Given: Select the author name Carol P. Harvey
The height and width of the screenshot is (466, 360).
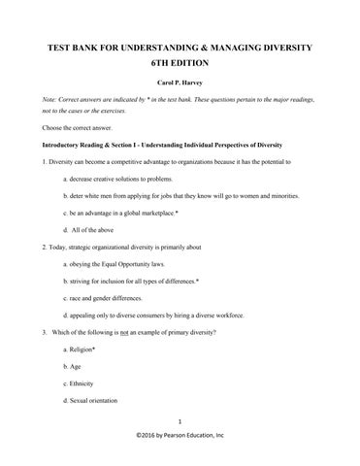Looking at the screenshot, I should (180, 84).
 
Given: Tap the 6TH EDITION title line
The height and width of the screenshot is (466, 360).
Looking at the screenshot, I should (180, 63).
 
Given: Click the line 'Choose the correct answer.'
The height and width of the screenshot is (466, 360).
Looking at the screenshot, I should (79, 128).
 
